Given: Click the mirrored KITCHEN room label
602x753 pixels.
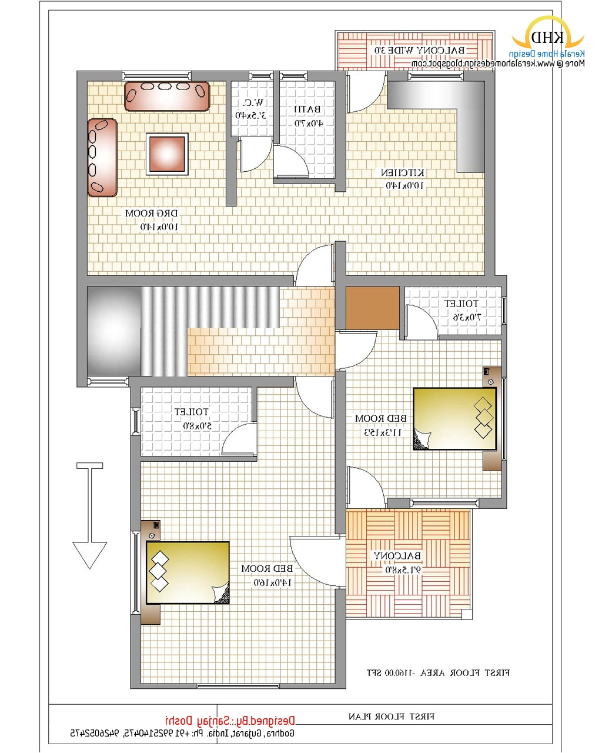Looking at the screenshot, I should click(403, 173).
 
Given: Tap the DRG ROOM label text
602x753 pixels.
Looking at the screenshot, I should click(151, 213).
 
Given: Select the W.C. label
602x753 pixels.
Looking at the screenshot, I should click(252, 103).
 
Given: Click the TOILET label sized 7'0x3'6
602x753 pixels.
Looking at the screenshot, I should click(461, 304).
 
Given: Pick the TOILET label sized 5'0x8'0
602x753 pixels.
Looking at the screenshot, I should click(191, 412).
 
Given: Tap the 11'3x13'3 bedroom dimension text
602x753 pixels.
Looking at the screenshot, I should click(380, 432).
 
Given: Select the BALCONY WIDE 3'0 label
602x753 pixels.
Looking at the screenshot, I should click(419, 51).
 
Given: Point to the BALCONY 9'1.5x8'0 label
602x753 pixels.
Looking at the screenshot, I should click(397, 556).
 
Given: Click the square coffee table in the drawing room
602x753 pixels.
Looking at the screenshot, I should click(167, 154).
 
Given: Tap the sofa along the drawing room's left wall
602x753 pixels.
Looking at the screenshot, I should click(102, 157).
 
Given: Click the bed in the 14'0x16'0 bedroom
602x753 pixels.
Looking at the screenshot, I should click(188, 572).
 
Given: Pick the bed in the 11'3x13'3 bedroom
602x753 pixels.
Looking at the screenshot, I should click(454, 419).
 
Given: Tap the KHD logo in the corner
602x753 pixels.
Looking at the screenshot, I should click(547, 38).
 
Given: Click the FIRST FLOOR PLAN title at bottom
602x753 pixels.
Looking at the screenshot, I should click(392, 717).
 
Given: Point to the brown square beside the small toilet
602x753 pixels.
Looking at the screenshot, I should click(373, 308).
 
